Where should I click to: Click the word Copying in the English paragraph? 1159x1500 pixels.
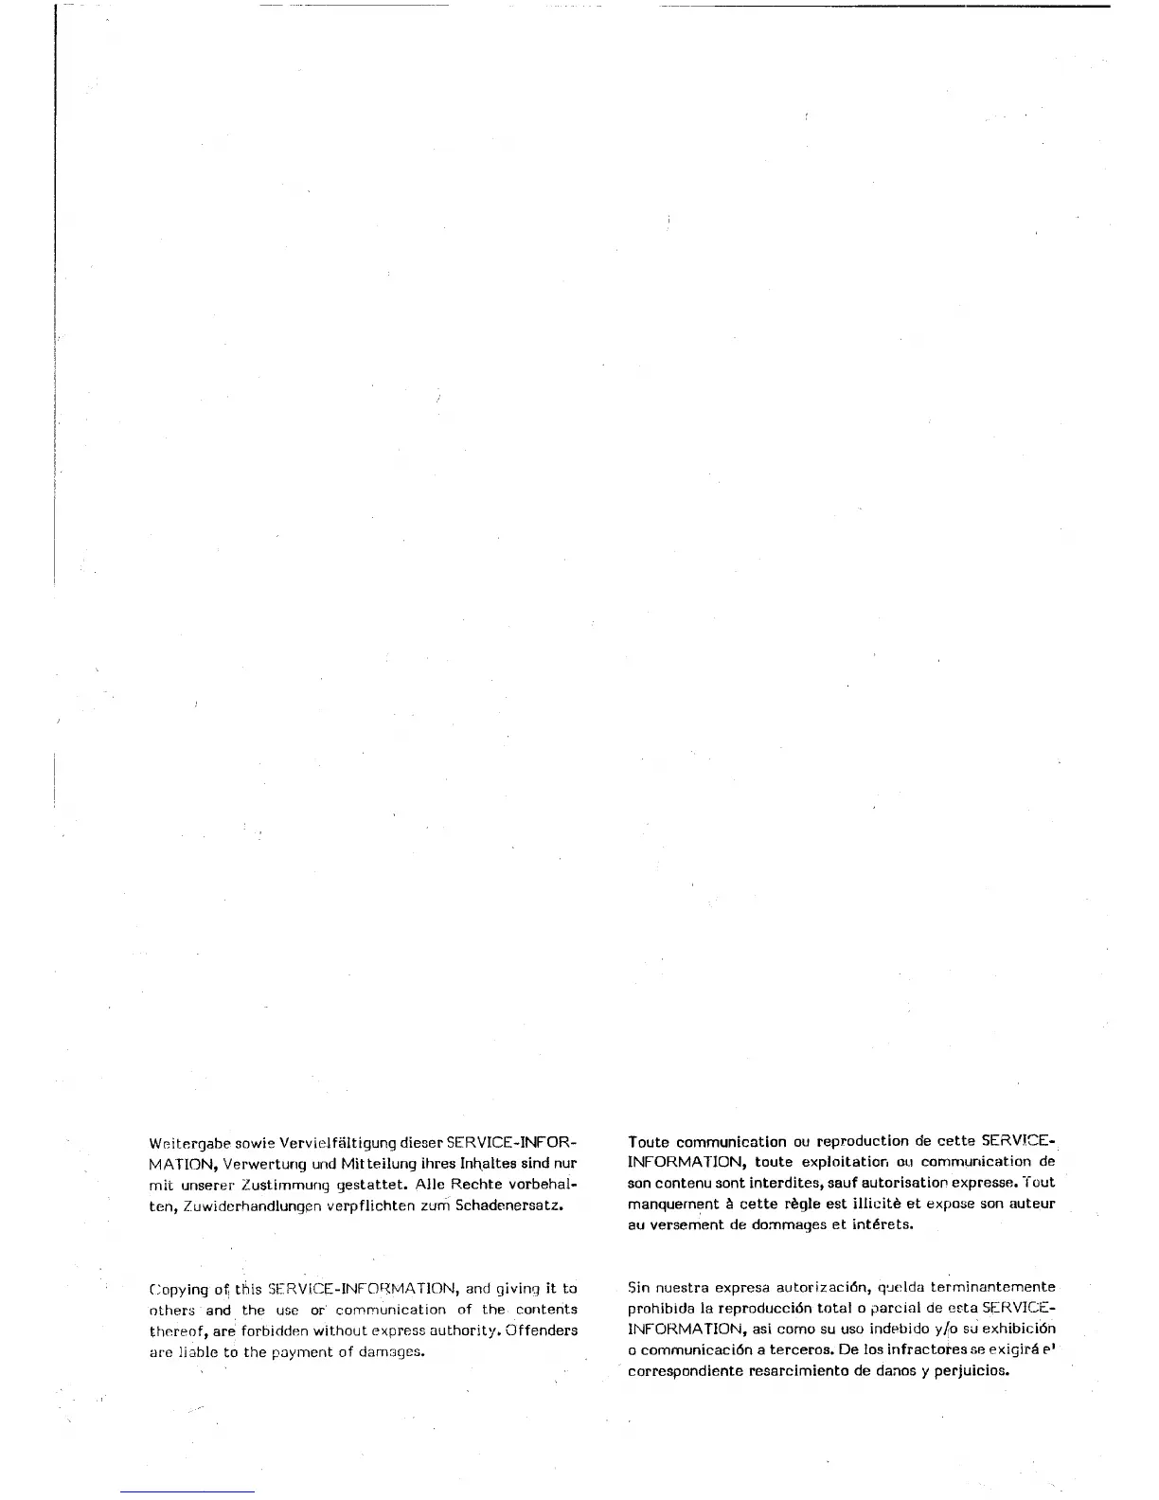coord(179,1290)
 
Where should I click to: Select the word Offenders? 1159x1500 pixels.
coord(542,1330)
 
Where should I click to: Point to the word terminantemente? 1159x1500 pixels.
coord(992,1288)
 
